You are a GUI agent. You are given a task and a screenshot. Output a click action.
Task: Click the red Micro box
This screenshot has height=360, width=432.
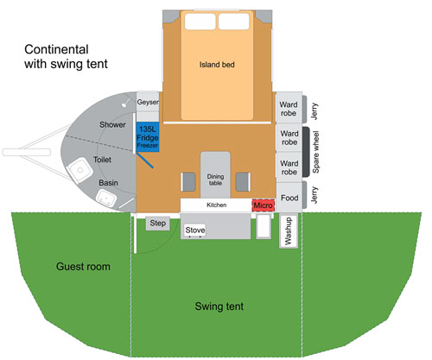click(264, 205)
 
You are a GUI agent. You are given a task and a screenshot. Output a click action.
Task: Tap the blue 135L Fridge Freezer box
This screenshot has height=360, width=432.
click(148, 137)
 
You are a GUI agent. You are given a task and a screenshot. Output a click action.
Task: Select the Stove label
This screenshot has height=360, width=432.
click(195, 230)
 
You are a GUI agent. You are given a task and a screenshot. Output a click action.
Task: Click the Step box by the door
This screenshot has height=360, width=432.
click(157, 224)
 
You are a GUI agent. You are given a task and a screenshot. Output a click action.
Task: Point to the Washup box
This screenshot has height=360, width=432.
click(289, 231)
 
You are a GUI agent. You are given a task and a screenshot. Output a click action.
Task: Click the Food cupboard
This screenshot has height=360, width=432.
click(289, 197)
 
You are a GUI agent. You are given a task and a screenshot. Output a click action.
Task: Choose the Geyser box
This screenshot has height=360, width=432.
click(148, 102)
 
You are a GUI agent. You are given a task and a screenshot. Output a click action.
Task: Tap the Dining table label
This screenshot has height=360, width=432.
click(215, 180)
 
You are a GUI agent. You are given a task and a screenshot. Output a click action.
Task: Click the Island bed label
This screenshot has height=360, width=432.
click(217, 65)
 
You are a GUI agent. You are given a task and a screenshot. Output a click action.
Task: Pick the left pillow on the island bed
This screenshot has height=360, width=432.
click(200, 22)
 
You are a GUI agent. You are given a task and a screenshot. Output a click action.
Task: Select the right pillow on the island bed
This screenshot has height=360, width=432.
click(233, 22)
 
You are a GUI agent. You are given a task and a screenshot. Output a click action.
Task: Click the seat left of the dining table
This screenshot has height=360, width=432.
click(188, 182)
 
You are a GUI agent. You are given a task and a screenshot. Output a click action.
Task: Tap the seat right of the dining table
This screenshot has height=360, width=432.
click(243, 182)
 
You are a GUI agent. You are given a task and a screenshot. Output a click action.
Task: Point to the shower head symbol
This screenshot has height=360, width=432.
click(125, 103)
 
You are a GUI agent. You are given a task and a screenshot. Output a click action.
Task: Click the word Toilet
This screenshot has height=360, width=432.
click(102, 160)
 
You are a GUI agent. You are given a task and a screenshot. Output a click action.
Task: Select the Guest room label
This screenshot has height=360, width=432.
click(83, 267)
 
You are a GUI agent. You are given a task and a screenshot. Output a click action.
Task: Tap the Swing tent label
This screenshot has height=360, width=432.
click(219, 306)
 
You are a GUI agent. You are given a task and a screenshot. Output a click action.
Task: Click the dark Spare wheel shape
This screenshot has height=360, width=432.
click(306, 152)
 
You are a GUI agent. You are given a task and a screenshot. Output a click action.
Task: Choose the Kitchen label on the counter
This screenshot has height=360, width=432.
click(217, 205)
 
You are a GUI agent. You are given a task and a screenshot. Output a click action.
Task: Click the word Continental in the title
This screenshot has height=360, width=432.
click(56, 49)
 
